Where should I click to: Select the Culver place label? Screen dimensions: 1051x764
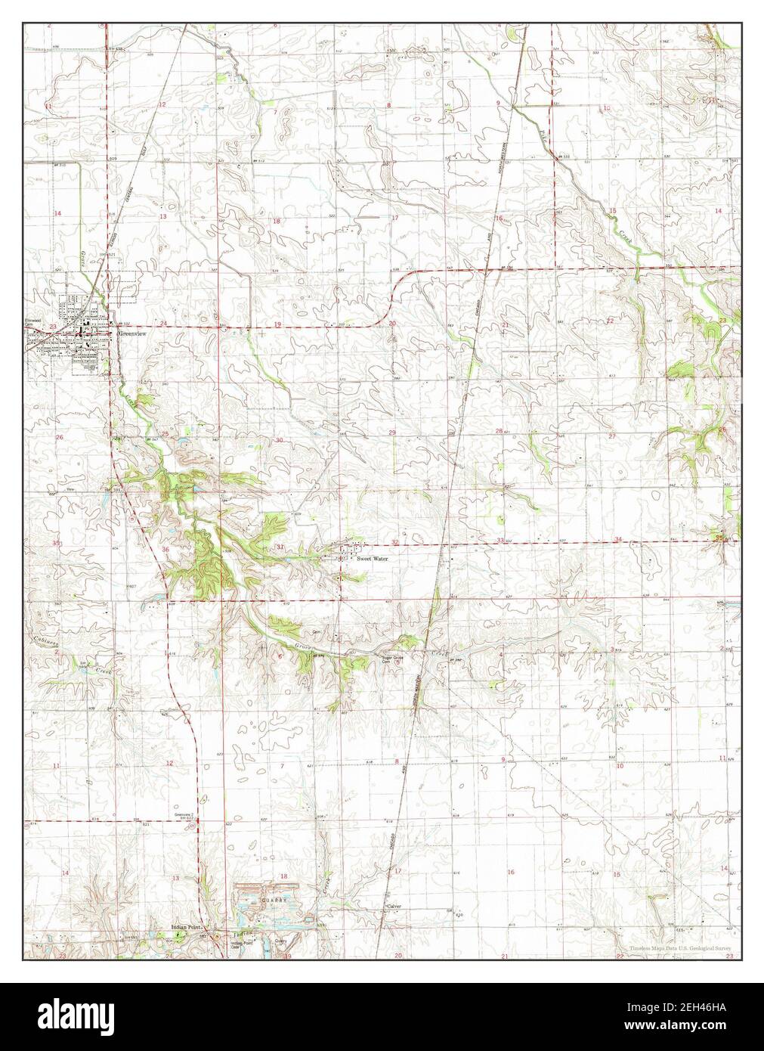(x=394, y=905)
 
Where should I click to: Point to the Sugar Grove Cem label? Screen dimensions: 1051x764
(x=391, y=659)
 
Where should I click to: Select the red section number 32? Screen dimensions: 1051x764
(x=396, y=542)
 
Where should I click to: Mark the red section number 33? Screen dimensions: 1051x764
(x=501, y=540)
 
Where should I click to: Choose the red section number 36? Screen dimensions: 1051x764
(x=165, y=549)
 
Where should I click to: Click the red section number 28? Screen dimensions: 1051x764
(x=499, y=431)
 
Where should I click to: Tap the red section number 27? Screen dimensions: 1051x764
(x=612, y=437)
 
